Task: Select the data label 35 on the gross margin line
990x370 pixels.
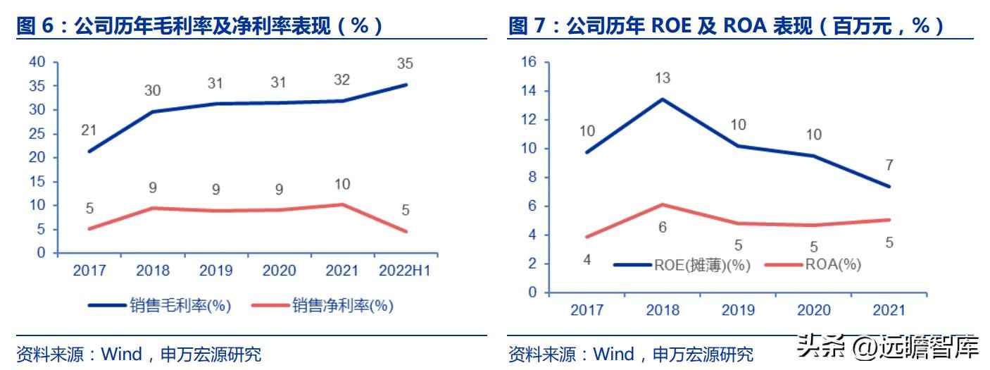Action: pyautogui.click(x=404, y=65)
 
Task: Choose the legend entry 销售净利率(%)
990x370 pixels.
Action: pyautogui.click(x=343, y=305)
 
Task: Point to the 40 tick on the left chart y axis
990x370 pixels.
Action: pyautogui.click(x=37, y=62)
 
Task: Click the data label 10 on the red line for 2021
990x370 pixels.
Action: pyautogui.click(x=342, y=185)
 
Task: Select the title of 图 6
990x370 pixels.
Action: pyautogui.click(x=200, y=26)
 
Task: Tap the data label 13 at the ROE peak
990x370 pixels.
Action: pyautogui.click(x=663, y=78)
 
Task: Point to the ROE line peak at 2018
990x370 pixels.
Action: pyautogui.click(x=663, y=99)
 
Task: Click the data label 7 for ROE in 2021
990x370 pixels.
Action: pyautogui.click(x=889, y=165)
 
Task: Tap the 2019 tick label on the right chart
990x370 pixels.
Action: pyautogui.click(x=738, y=310)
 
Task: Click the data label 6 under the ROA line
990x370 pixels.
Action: pyautogui.click(x=663, y=227)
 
